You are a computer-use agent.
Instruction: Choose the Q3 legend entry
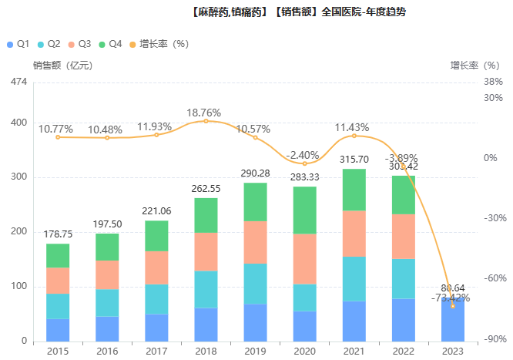click(x=79, y=44)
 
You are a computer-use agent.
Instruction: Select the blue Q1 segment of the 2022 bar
click(x=403, y=319)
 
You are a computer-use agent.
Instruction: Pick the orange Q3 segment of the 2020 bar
click(x=304, y=258)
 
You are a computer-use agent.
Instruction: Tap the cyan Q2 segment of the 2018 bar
click(x=206, y=289)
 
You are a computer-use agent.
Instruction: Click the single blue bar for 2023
click(x=452, y=319)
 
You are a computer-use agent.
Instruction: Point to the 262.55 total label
click(x=206, y=189)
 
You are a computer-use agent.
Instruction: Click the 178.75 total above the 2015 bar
click(x=58, y=234)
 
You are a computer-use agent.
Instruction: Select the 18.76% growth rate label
click(x=206, y=113)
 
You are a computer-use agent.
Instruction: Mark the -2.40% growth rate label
click(x=304, y=155)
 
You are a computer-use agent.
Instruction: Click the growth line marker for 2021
click(x=354, y=136)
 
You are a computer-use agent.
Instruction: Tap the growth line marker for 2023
click(x=452, y=306)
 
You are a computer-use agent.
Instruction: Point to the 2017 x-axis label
click(x=156, y=351)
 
